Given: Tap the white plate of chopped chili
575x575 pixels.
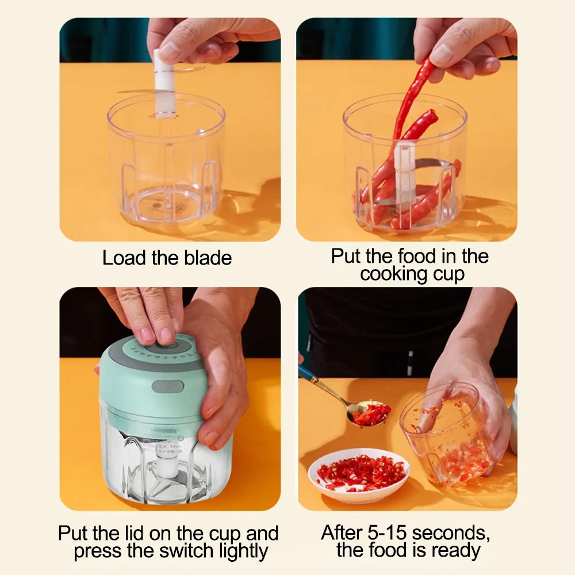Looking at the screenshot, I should coord(359,474).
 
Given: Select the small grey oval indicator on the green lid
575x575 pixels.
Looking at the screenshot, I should coord(167,386).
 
